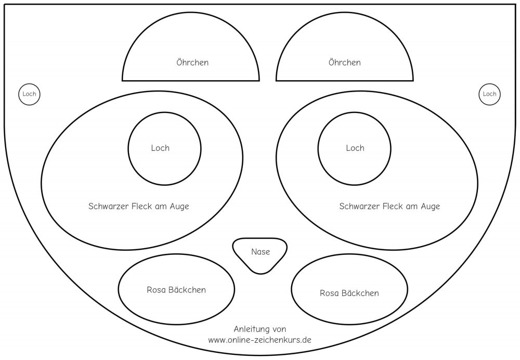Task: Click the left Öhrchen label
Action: pos(192,62)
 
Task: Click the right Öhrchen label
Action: pos(344,62)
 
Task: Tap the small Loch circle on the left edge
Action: pos(30,94)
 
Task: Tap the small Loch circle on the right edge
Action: pos(489,94)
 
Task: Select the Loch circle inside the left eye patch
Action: pos(164,148)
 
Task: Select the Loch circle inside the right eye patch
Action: pos(355,148)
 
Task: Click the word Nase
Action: pos(260,252)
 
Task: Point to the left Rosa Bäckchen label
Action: pos(176,290)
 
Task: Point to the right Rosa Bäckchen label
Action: pos(349,293)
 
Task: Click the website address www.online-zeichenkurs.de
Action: pos(259,340)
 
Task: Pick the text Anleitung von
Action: pos(259,329)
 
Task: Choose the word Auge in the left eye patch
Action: pos(178,207)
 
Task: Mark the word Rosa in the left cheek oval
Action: pos(157,290)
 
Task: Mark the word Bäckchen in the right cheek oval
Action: pos(359,293)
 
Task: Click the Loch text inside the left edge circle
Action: pos(30,94)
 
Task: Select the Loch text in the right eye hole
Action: pos(355,148)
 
